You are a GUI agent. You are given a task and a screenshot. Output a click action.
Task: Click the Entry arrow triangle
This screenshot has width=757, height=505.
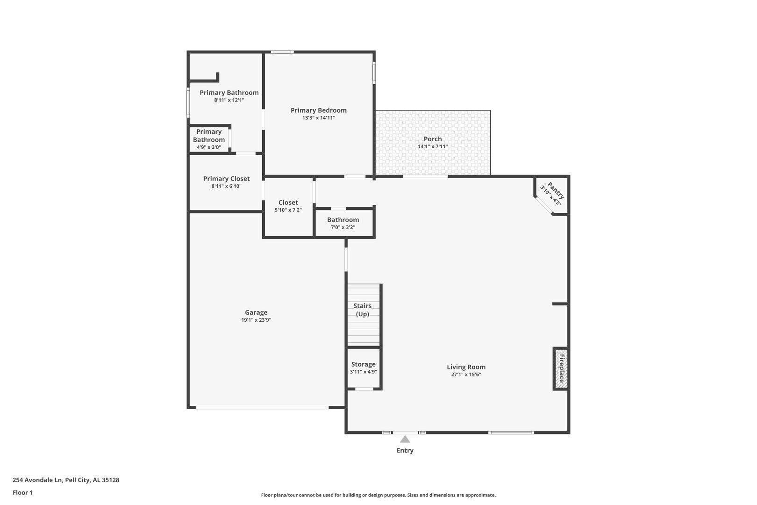coord(405,440)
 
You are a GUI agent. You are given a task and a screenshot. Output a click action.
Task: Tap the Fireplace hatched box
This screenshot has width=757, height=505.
coord(561,368)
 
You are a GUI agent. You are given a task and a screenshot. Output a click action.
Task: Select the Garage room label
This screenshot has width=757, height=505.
coord(256,312)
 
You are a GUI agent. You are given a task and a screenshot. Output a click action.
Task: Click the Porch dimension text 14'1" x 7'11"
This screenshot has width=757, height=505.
coord(433,146)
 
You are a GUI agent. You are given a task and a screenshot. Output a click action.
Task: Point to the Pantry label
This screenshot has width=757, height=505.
coord(556,191)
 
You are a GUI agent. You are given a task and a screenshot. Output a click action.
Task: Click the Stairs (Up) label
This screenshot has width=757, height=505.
coord(363,310)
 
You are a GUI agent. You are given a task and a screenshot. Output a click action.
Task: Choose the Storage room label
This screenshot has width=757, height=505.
coord(363,364)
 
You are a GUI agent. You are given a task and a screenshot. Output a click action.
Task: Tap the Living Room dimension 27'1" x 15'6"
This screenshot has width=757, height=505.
coord(466,375)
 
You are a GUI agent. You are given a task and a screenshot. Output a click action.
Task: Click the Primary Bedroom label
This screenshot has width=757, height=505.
coord(319,110)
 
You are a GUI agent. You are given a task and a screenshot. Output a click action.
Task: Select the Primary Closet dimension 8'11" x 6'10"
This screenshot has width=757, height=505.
coord(227,186)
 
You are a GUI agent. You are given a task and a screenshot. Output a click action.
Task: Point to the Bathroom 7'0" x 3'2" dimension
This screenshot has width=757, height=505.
coord(343,227)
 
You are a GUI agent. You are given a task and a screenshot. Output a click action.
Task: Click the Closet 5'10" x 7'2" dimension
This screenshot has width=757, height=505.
coord(288,210)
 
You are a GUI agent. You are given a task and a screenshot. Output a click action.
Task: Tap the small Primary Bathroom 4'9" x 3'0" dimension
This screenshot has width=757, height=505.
coord(209,147)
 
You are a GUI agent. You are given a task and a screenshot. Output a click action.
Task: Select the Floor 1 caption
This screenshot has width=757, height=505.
coord(22,492)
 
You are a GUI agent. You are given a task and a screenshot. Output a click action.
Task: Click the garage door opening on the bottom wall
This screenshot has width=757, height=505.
coord(262,408)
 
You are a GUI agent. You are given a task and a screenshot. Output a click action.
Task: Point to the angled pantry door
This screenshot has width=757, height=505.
coord(544,205)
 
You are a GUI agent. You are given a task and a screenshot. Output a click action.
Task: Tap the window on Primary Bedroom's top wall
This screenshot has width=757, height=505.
coord(282,52)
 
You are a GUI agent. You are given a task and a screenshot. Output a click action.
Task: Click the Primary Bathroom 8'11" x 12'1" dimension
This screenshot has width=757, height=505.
coord(229,100)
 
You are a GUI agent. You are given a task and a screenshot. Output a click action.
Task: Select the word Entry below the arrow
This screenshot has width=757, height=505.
coord(405,451)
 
